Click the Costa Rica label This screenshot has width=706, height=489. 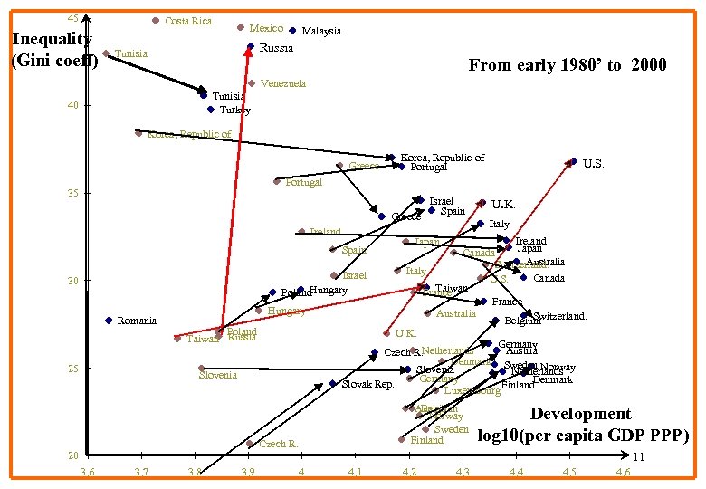click(188, 21)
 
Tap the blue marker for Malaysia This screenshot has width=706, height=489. click(292, 30)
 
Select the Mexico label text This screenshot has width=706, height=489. click(266, 29)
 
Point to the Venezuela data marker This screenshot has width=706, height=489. click(251, 83)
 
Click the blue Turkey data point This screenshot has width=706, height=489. click(210, 110)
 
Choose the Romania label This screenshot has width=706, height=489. click(137, 321)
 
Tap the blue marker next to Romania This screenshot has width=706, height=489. click(109, 321)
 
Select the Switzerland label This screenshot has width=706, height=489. click(560, 316)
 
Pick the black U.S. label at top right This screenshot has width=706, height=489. click(593, 164)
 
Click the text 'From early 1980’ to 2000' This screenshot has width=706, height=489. click(567, 64)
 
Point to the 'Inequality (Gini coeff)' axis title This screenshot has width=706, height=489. click(52, 50)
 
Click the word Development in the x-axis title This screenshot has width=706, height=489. click(580, 414)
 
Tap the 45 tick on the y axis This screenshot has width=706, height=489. click(73, 18)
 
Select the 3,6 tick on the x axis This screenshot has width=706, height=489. click(87, 472)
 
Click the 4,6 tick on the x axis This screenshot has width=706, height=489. click(623, 472)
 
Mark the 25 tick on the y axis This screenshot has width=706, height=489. click(73, 369)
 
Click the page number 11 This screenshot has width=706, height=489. click(639, 458)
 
